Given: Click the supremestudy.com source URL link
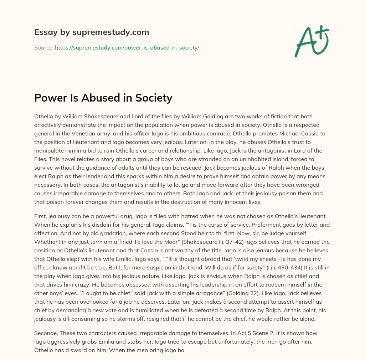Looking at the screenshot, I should [127, 47].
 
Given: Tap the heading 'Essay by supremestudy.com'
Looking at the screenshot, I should [92, 32].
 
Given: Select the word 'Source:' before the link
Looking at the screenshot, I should [43, 47].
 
